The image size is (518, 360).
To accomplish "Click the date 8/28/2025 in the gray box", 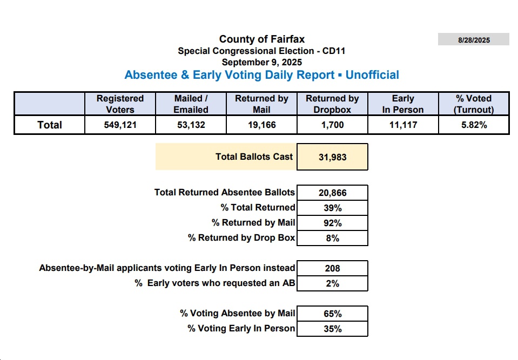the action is (474, 40).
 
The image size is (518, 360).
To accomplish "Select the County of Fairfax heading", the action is (262, 39).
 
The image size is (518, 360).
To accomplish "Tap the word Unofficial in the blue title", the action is (372, 75).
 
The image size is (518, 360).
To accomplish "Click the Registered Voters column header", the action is (120, 104).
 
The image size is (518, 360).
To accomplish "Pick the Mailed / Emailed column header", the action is (191, 104).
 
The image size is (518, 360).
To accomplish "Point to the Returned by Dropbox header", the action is (332, 104).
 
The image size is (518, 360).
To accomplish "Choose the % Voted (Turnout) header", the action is (474, 104).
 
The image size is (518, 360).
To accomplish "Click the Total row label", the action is (50, 125).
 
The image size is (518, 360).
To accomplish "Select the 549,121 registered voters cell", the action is (120, 125).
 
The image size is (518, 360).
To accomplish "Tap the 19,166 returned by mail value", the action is (261, 125).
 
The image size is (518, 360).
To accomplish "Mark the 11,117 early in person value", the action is (403, 125).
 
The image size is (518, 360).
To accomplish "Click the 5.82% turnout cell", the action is (474, 125).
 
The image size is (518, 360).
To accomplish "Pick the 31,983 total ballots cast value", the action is (332, 157).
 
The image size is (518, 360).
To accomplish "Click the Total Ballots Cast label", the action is (254, 157).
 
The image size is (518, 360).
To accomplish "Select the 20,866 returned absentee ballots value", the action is (332, 193).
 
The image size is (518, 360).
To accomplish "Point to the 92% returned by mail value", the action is (332, 223).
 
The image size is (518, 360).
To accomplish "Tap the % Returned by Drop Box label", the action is (241, 238).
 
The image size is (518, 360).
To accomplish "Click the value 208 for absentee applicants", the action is (332, 268).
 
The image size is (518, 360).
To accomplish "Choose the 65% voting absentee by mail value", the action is (332, 314).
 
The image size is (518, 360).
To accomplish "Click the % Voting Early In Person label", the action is (241, 328).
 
